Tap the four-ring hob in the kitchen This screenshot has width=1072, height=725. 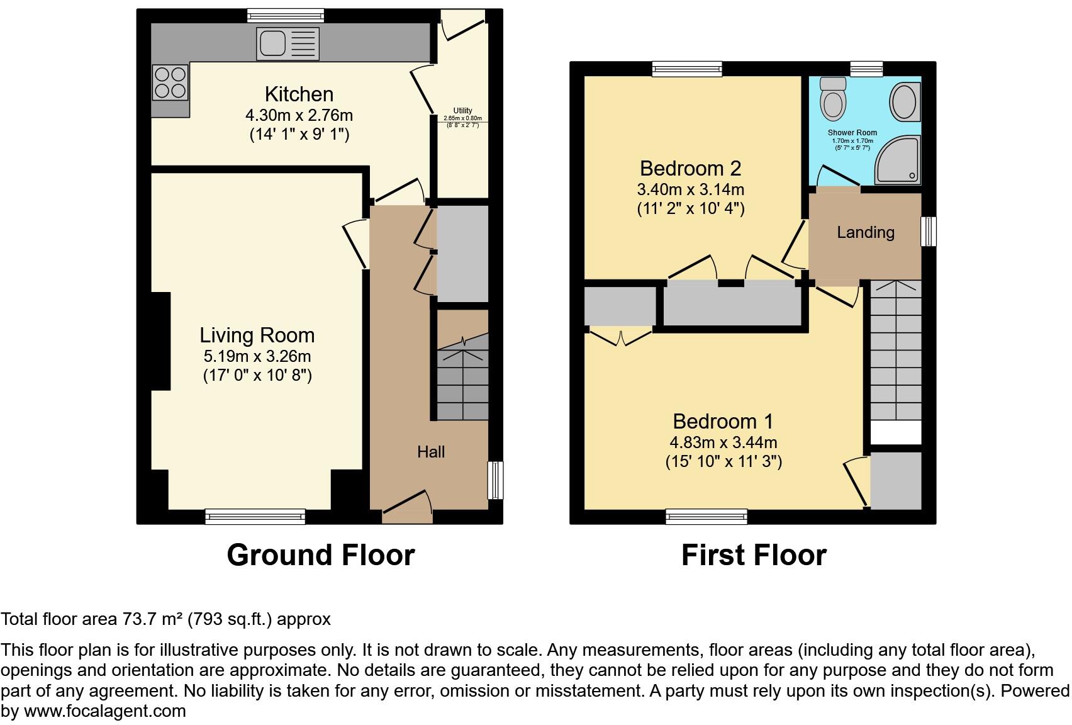point(170,82)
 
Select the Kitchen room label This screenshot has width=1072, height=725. point(299,94)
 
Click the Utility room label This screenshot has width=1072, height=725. point(462,111)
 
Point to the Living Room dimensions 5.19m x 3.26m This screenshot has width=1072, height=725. point(257,356)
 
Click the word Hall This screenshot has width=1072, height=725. point(431,451)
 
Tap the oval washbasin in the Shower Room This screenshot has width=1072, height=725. point(904,101)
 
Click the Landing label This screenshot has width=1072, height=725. point(865,232)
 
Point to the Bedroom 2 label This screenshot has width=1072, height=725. point(690,169)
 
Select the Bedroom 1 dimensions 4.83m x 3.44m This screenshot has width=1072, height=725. point(723,442)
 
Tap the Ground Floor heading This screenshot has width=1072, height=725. point(320,555)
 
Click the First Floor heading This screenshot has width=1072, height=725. point(753,555)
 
